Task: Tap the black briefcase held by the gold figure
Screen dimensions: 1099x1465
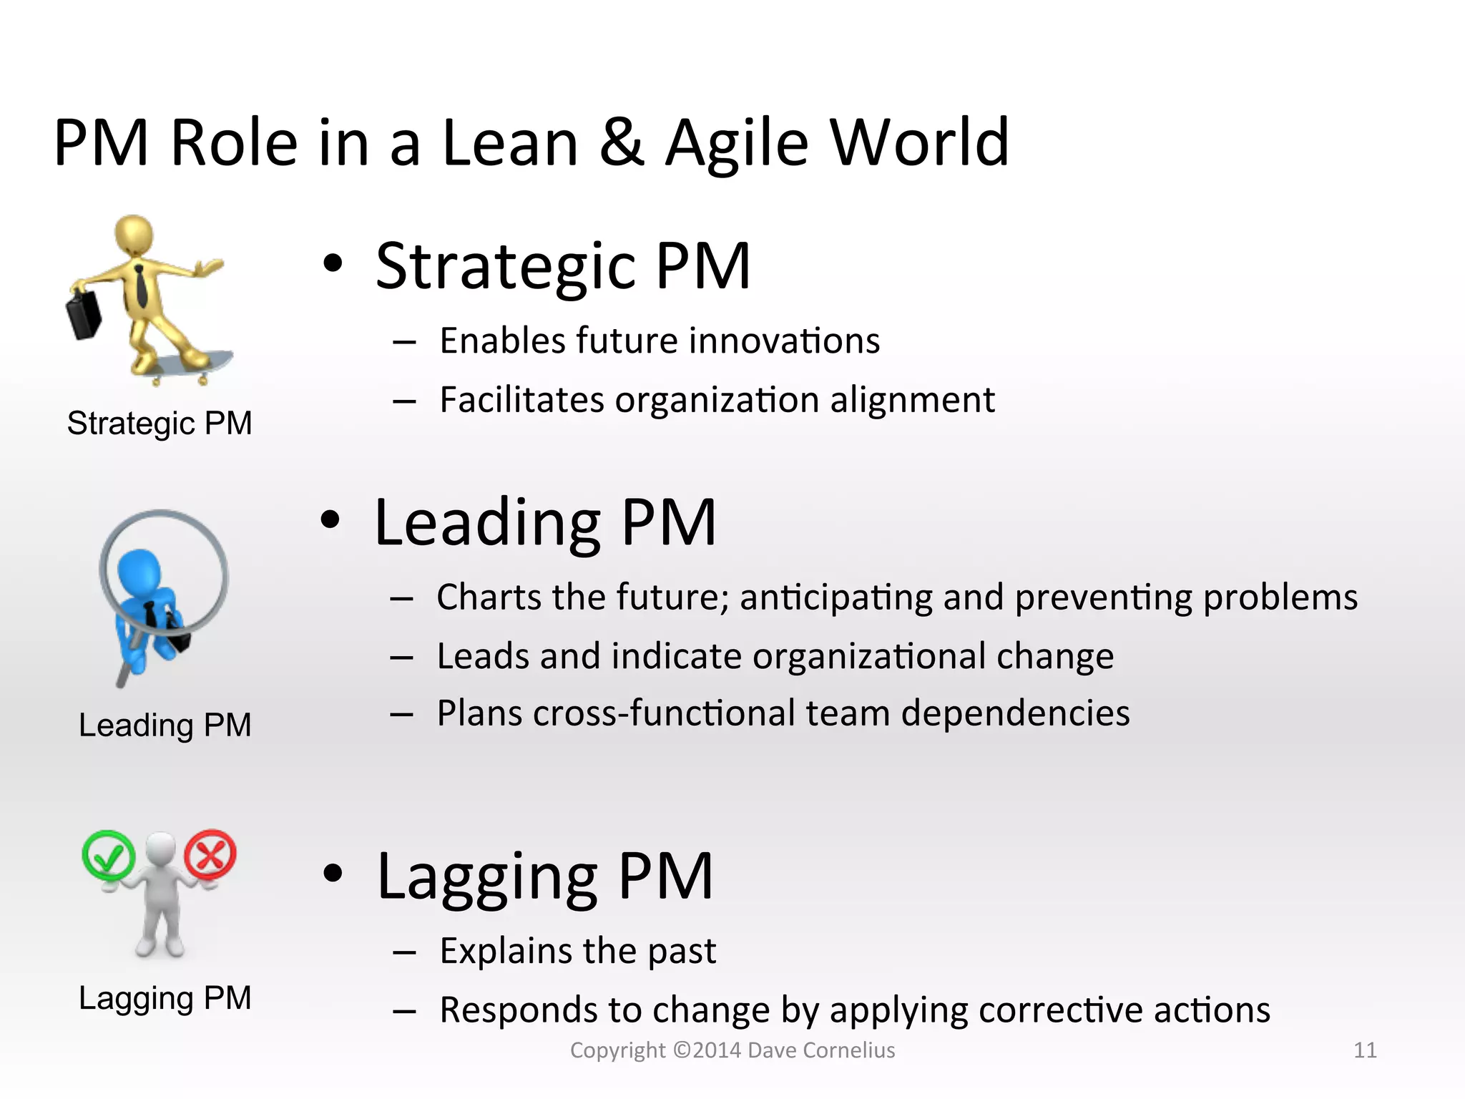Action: pyautogui.click(x=84, y=315)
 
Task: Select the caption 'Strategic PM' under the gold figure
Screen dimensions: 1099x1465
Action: pyautogui.click(x=160, y=423)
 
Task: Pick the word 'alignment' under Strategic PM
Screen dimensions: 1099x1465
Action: pyautogui.click(x=912, y=400)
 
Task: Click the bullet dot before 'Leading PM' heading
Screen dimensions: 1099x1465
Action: pyautogui.click(x=330, y=520)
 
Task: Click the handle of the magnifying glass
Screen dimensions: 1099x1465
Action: pyautogui.click(x=124, y=673)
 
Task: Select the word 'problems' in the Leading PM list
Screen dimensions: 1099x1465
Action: pyautogui.click(x=1280, y=598)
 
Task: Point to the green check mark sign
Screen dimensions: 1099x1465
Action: pyautogui.click(x=108, y=855)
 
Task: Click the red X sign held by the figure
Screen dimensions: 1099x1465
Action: pyautogui.click(x=210, y=854)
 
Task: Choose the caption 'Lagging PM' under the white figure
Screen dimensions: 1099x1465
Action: pyautogui.click(x=165, y=998)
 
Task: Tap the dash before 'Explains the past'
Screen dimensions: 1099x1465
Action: pyautogui.click(x=404, y=952)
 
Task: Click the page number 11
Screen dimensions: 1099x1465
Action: pyautogui.click(x=1365, y=1050)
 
